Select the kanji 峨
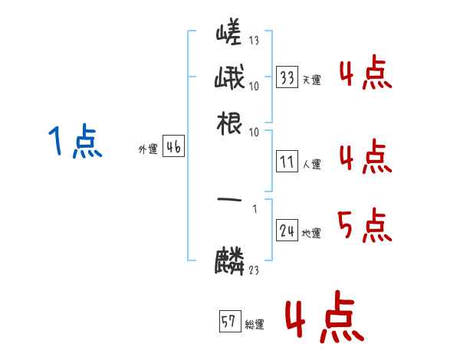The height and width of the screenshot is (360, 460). point(229,79)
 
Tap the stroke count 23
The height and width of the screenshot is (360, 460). point(254,269)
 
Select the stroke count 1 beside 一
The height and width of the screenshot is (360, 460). point(254,207)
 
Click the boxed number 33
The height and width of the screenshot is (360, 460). point(287,77)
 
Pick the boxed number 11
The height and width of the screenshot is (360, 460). point(287,162)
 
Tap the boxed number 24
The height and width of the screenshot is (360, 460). point(287,231)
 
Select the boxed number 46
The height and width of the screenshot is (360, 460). point(173,148)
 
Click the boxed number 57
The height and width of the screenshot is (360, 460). point(229,322)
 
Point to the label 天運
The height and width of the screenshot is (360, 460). point(311,80)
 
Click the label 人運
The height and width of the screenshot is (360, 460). point(311,164)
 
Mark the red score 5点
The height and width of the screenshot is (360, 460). point(364,227)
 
